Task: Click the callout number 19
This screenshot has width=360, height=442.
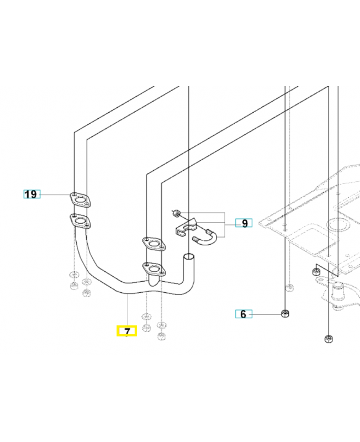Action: pyautogui.click(x=31, y=194)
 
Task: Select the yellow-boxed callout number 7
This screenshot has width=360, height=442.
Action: pyautogui.click(x=126, y=331)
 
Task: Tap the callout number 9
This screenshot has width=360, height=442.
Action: pyautogui.click(x=244, y=223)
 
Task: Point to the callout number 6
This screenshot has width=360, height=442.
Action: pyautogui.click(x=243, y=314)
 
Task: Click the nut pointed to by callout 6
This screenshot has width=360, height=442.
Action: pyautogui.click(x=285, y=313)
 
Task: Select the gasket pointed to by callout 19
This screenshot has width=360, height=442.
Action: pyautogui.click(x=81, y=199)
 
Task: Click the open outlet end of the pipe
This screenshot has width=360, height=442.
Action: pyautogui.click(x=189, y=257)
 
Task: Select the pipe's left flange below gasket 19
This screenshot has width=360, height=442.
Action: pyautogui.click(x=81, y=222)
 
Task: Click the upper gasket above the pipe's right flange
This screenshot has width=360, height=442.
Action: pyautogui.click(x=153, y=243)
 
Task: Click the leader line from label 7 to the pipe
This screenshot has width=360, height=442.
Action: pyautogui.click(x=128, y=309)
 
